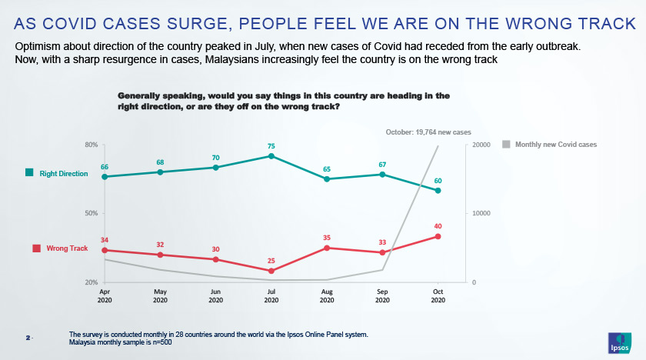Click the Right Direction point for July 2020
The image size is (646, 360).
click(271, 156)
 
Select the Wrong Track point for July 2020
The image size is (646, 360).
click(271, 271)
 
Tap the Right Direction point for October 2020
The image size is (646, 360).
click(438, 191)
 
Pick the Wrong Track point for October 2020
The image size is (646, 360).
click(438, 236)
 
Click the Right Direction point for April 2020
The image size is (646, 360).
click(105, 177)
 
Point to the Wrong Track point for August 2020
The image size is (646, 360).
click(327, 248)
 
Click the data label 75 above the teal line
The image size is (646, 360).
click(271, 145)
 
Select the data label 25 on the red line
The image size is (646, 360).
click(271, 261)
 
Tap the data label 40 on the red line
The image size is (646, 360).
click(438, 226)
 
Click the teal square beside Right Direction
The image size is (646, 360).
click(29, 174)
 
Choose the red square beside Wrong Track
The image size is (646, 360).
click(35, 248)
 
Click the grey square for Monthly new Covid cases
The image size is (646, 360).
click(506, 144)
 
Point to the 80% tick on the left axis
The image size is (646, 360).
click(90, 145)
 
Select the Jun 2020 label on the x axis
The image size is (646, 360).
click(216, 295)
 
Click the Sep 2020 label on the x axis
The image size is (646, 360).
click(382, 295)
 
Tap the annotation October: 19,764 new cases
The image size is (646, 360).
click(428, 132)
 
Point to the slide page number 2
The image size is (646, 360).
click(28, 338)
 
